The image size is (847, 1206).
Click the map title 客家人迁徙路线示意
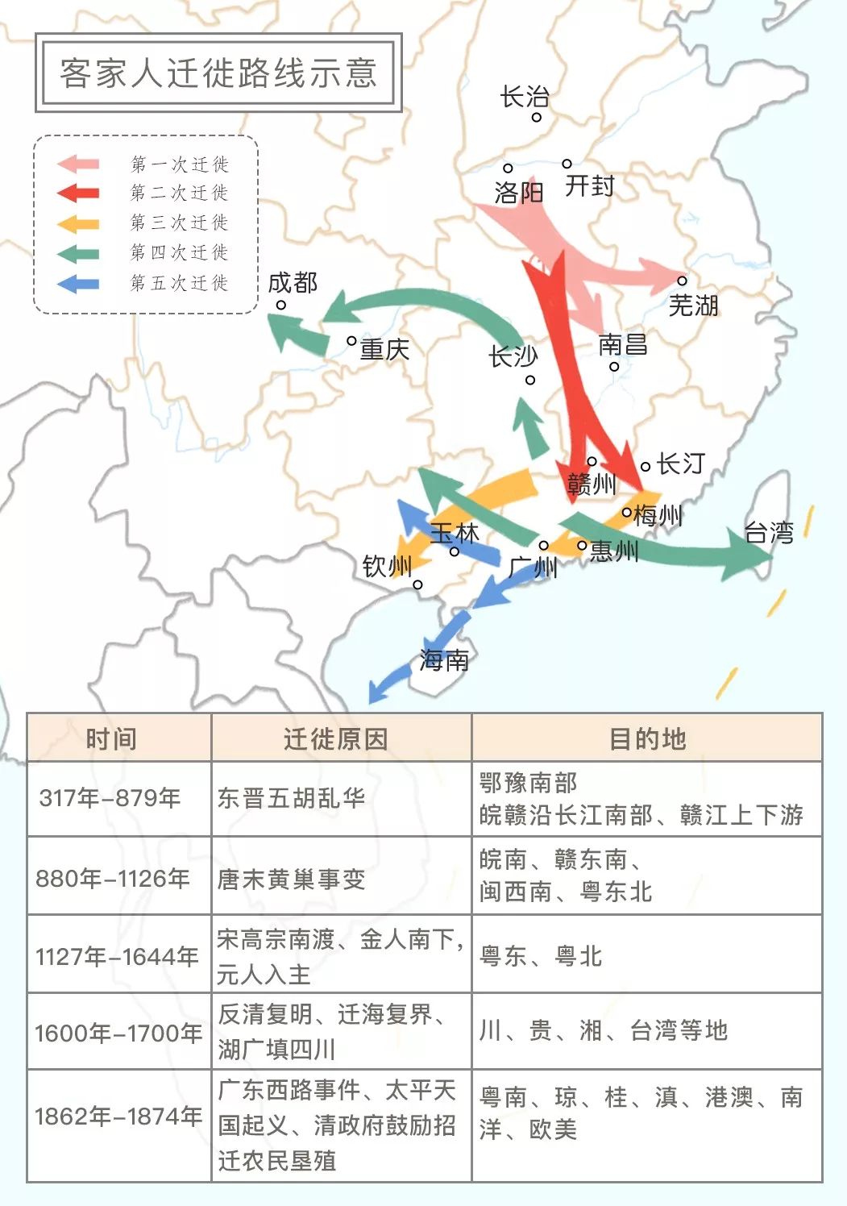[x=218, y=73]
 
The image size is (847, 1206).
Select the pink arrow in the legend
[x=78, y=164]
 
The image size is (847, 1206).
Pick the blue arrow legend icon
[x=78, y=284]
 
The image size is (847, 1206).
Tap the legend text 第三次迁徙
[x=179, y=222]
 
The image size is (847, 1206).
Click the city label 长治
[x=525, y=98]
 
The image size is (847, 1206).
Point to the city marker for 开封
[x=567, y=164]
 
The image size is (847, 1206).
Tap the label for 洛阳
[x=519, y=193]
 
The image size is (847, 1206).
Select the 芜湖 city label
[x=693, y=306]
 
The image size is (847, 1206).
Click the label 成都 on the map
[x=293, y=282]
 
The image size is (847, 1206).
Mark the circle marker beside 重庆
[x=351, y=341]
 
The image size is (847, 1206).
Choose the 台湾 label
[x=769, y=533]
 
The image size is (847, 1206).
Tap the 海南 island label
[x=443, y=661]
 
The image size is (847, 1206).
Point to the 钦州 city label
[x=387, y=567]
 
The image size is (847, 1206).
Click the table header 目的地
[x=647, y=738]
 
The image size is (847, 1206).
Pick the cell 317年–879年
[x=110, y=798]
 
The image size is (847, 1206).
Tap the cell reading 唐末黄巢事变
[x=292, y=879]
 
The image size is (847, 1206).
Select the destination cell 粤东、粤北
[x=541, y=956]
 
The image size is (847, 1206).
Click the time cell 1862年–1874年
[x=118, y=1117]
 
